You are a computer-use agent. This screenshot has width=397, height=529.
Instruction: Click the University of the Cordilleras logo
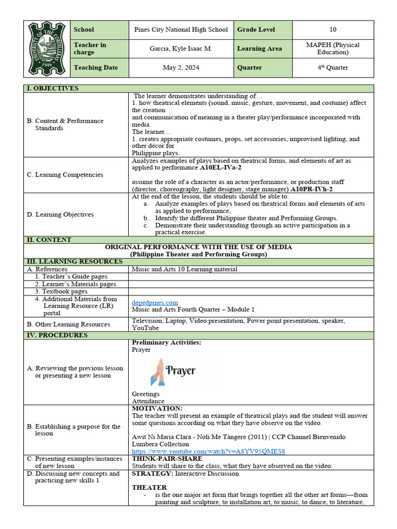(x=47, y=49)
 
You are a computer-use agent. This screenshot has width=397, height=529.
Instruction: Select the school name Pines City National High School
(x=181, y=29)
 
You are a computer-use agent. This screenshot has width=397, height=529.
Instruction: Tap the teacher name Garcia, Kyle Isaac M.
(x=181, y=49)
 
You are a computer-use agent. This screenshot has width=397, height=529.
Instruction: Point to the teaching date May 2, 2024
(x=181, y=68)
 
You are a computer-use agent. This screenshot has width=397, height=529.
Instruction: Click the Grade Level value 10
(x=332, y=29)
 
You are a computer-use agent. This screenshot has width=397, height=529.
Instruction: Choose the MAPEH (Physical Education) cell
(x=332, y=49)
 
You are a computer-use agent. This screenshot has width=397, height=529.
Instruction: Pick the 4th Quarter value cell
(x=332, y=68)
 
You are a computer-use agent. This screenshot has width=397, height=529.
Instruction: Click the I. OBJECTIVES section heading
(x=53, y=88)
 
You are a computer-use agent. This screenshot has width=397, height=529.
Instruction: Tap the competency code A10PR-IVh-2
(x=312, y=190)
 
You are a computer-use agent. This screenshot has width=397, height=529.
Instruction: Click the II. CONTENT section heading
(x=49, y=240)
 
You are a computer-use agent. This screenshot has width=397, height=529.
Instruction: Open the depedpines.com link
(x=155, y=302)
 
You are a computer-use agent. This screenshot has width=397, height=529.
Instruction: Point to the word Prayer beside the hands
(x=181, y=370)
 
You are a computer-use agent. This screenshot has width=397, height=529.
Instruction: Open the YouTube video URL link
(x=208, y=451)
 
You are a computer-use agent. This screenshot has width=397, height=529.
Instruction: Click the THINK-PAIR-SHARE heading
(x=167, y=458)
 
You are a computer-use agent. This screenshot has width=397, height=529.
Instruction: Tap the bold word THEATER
(x=149, y=487)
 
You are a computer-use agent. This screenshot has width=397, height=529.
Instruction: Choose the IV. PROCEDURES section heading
(x=57, y=335)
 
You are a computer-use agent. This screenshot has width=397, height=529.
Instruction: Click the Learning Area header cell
(x=259, y=49)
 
